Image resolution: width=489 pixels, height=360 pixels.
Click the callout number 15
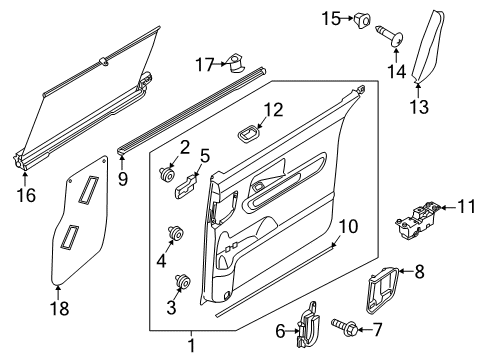[x=331, y=19]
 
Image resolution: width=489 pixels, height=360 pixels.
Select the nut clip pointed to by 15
[x=362, y=20]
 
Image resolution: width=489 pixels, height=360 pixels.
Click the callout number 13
[x=419, y=107]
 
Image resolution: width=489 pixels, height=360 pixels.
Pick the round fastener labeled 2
[x=166, y=174]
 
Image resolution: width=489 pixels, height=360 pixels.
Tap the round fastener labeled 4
[x=176, y=232]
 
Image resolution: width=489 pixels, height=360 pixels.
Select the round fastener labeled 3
[x=183, y=281]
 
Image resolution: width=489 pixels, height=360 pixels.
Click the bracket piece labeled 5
[x=186, y=188]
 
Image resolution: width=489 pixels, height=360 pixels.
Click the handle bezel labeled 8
[x=382, y=290]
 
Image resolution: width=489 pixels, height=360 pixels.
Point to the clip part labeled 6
[x=308, y=324]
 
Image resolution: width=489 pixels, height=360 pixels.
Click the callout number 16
[x=26, y=195]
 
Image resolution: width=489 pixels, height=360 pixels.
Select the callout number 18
[x=59, y=308]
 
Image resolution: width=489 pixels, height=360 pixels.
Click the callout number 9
[x=123, y=179]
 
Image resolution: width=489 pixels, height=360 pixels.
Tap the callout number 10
[x=348, y=226]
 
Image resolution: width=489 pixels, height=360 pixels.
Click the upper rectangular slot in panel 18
[x=88, y=189]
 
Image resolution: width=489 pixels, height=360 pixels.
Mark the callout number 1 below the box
[x=191, y=346]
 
